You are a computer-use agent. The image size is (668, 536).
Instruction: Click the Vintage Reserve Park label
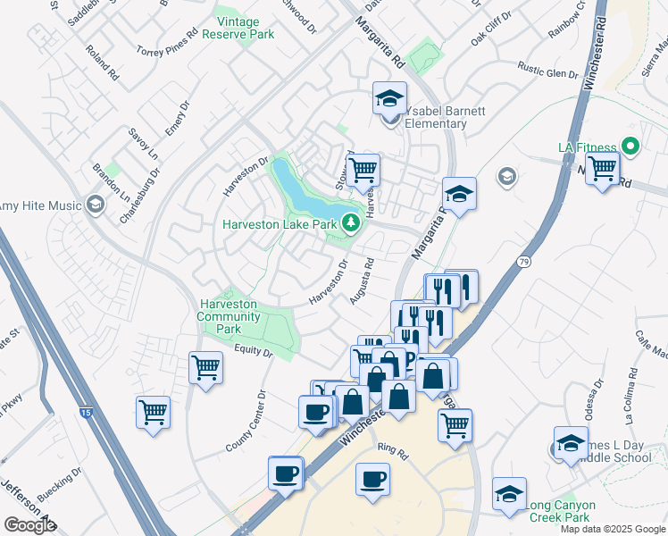coord(238,28)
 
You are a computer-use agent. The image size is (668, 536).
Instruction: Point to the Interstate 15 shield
coord(85,413)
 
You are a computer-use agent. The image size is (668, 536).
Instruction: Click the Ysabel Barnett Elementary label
coord(444,117)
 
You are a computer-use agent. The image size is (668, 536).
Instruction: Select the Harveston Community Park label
coord(228,316)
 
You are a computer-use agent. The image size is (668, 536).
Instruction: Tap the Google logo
coord(29,525)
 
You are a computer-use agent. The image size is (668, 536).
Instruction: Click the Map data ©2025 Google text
coord(613,529)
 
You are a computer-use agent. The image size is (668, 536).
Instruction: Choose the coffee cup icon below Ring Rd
coord(372,479)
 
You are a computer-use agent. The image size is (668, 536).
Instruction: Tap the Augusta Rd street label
coord(362,281)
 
